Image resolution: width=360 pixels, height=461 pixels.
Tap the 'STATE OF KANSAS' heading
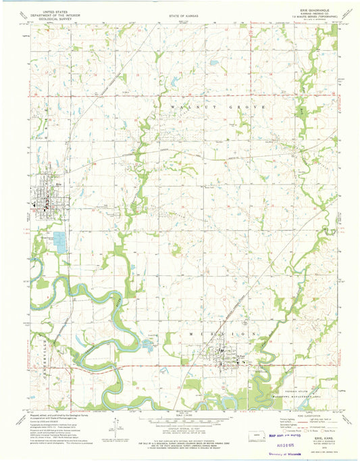click(x=180, y=11)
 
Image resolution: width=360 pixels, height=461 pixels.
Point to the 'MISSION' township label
click(x=230, y=333)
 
